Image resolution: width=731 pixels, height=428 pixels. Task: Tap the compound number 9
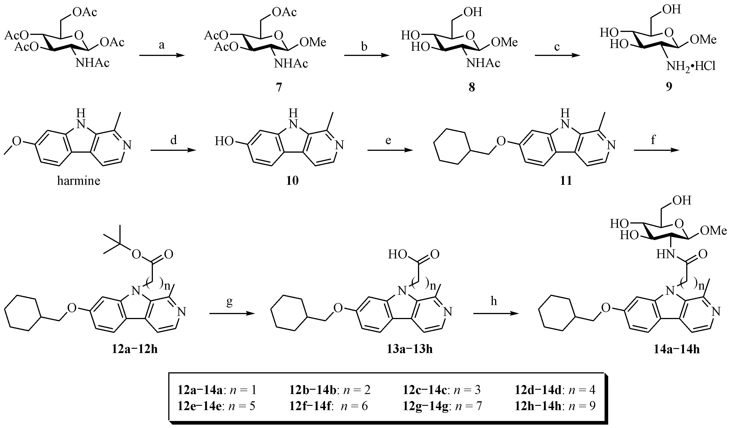point(669,86)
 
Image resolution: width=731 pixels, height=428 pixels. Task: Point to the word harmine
point(79,181)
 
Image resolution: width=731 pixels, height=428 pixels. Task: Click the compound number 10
point(292,181)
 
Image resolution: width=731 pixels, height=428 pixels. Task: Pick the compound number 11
point(566,181)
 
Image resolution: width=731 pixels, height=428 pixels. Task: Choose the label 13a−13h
point(409,349)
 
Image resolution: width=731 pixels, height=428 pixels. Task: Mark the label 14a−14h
point(676,349)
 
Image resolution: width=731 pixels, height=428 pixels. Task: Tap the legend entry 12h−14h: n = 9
point(555,406)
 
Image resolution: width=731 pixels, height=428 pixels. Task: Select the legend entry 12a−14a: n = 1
point(217,390)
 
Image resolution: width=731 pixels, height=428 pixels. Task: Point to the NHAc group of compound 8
point(483,63)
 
